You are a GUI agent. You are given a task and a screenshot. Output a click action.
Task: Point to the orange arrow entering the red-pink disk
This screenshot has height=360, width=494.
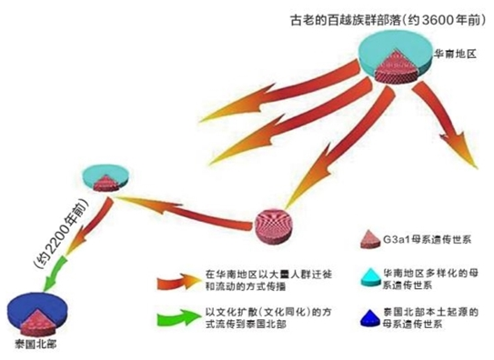click(x=303, y=165)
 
